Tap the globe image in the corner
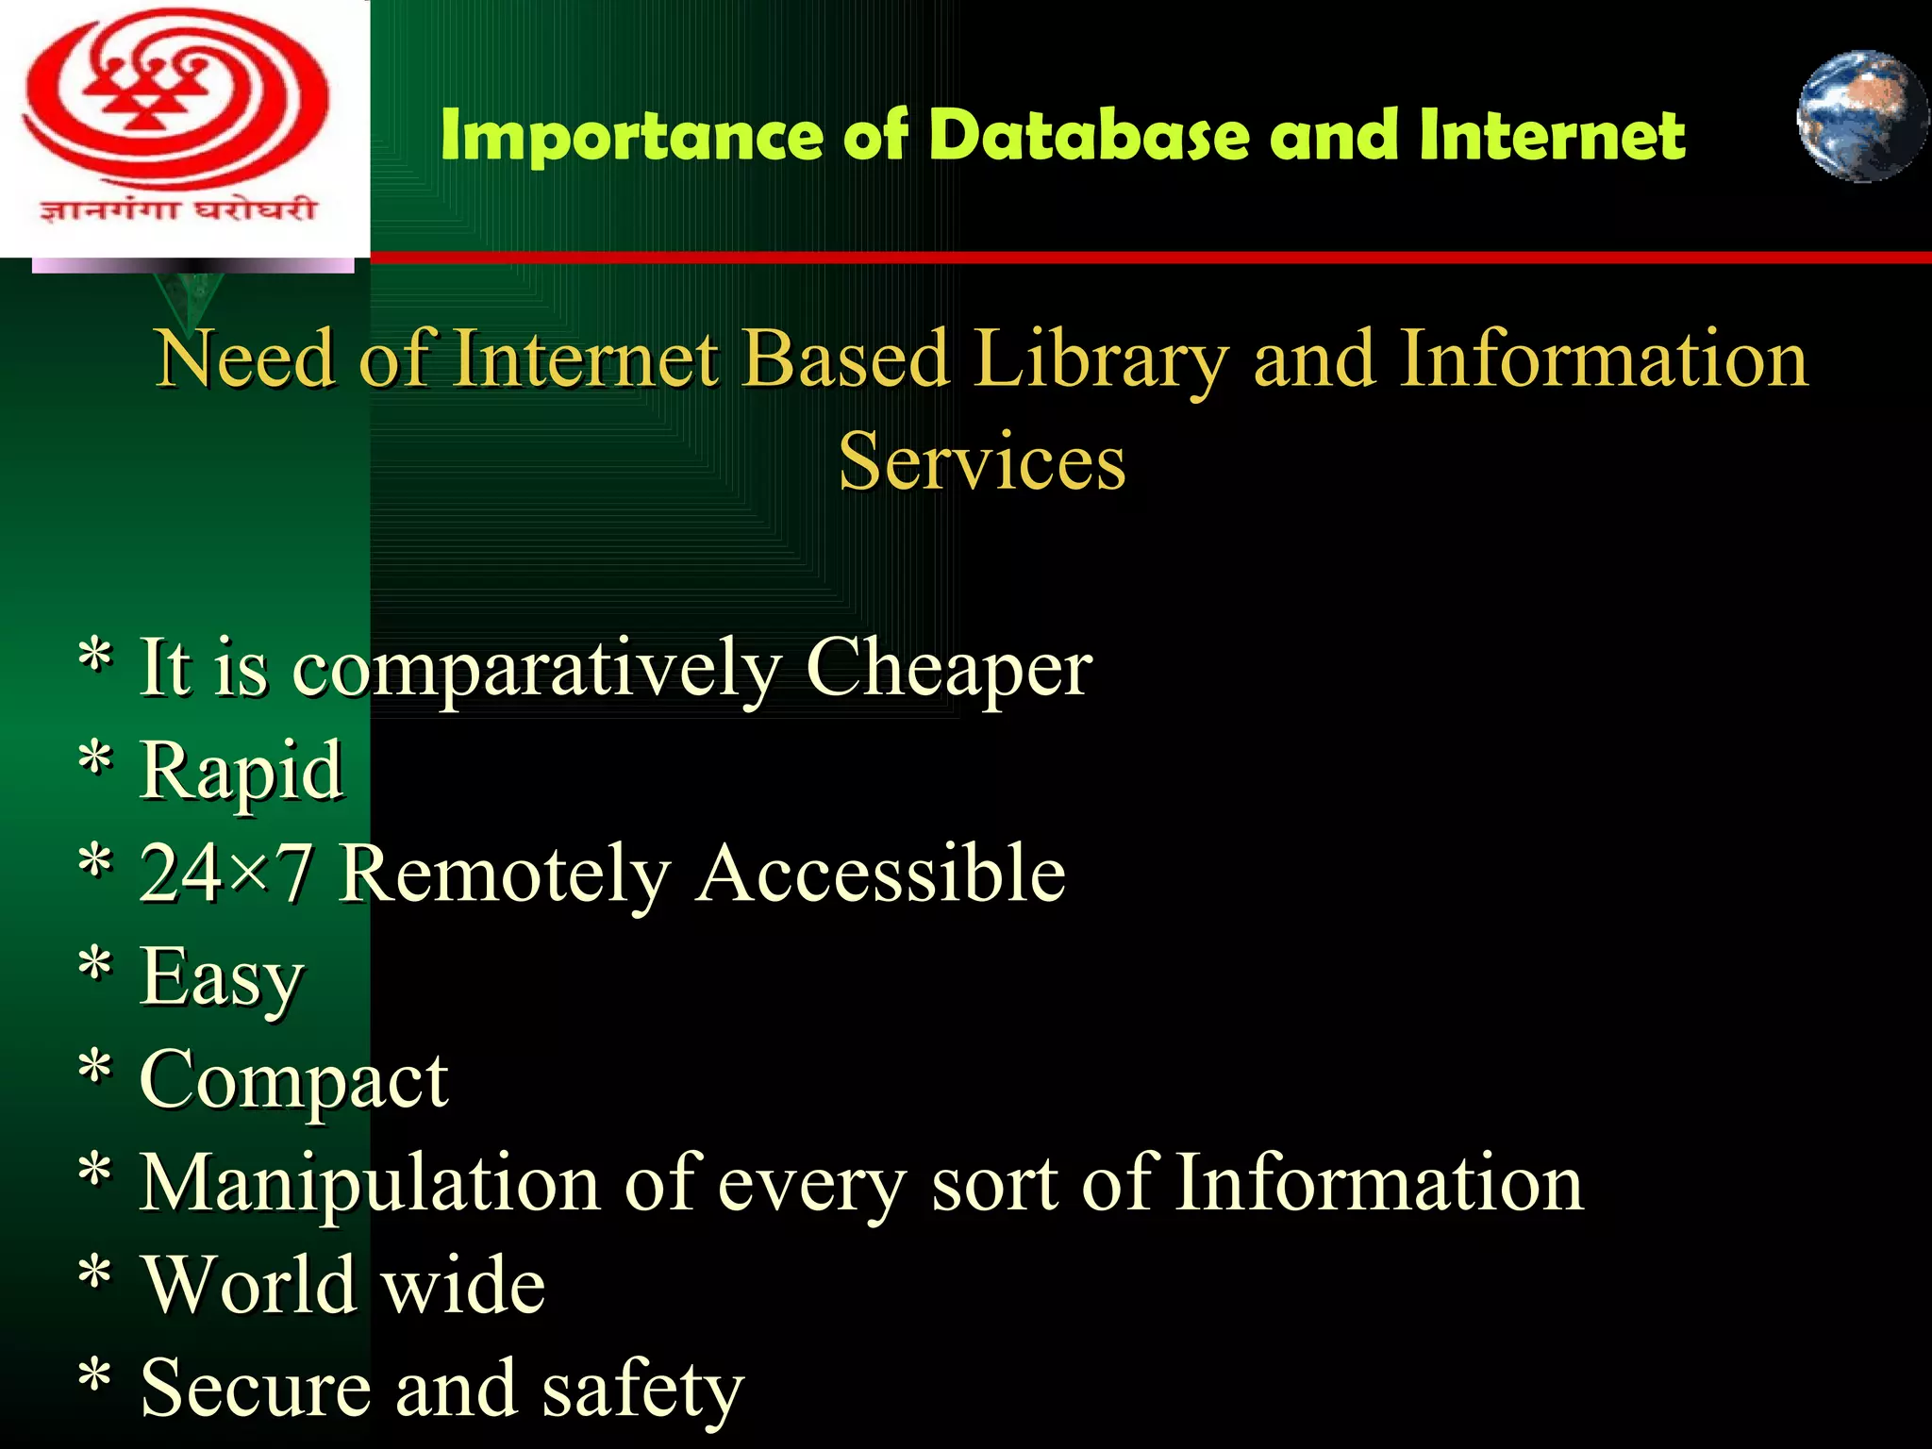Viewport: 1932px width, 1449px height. [x=1861, y=116]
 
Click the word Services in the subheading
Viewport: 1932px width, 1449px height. [x=982, y=461]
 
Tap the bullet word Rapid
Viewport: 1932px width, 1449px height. [x=241, y=772]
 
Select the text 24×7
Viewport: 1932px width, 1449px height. [x=225, y=874]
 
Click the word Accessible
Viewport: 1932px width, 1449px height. [x=881, y=874]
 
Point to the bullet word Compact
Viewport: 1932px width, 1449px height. [x=293, y=1080]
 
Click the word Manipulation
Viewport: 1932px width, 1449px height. [x=370, y=1183]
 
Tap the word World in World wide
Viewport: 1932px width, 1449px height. [x=249, y=1285]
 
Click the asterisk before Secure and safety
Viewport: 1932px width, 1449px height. [x=95, y=1378]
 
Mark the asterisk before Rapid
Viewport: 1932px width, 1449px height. [x=95, y=760]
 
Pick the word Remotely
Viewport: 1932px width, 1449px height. [x=505, y=874]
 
